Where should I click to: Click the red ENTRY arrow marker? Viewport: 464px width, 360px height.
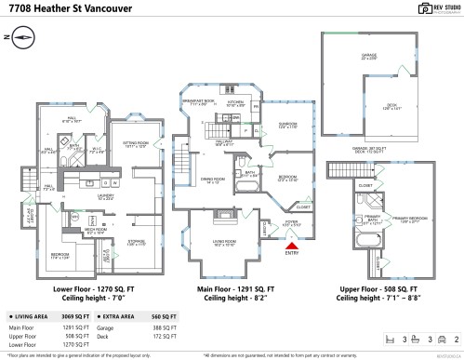(x=291, y=246)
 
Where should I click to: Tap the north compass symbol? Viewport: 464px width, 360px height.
(x=23, y=36)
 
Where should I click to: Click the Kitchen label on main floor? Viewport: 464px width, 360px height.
(x=235, y=103)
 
